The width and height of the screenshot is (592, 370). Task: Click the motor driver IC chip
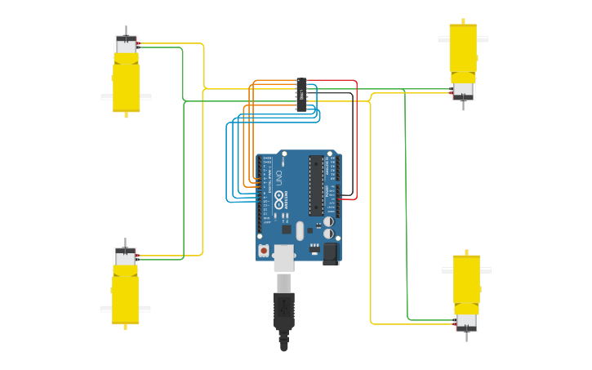(301, 95)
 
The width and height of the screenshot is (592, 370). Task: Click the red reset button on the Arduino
(264, 251)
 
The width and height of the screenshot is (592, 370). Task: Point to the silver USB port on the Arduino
(283, 256)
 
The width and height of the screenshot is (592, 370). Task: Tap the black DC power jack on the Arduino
(331, 254)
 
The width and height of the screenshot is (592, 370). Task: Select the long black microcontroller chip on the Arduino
(315, 185)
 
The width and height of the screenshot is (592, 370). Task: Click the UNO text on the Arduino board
(277, 176)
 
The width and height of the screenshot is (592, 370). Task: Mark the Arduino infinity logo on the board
(278, 198)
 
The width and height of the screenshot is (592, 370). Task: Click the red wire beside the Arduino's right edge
(357, 139)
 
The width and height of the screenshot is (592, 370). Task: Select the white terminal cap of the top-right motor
(463, 90)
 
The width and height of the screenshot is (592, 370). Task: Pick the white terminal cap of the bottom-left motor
(125, 259)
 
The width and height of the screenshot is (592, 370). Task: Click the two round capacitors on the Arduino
(328, 227)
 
